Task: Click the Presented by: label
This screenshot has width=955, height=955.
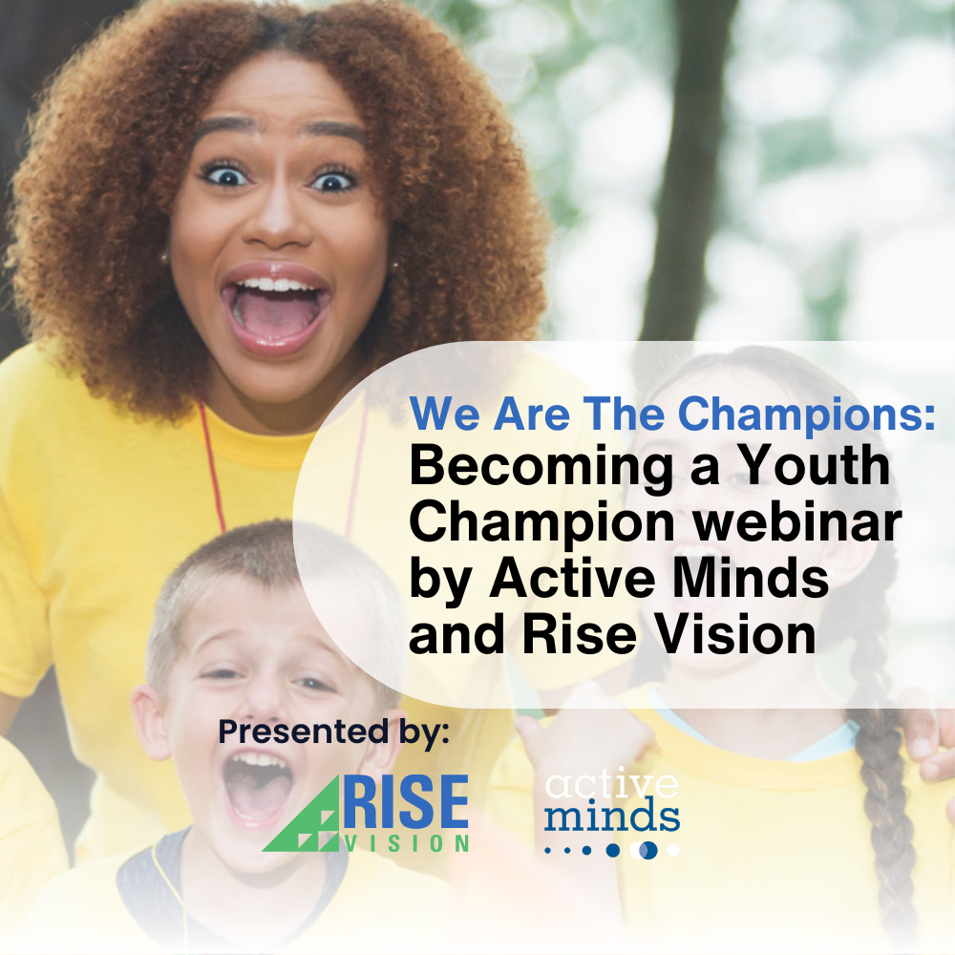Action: (333, 732)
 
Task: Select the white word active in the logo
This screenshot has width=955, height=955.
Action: (611, 785)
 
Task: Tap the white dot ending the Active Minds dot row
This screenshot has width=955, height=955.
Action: (673, 850)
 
